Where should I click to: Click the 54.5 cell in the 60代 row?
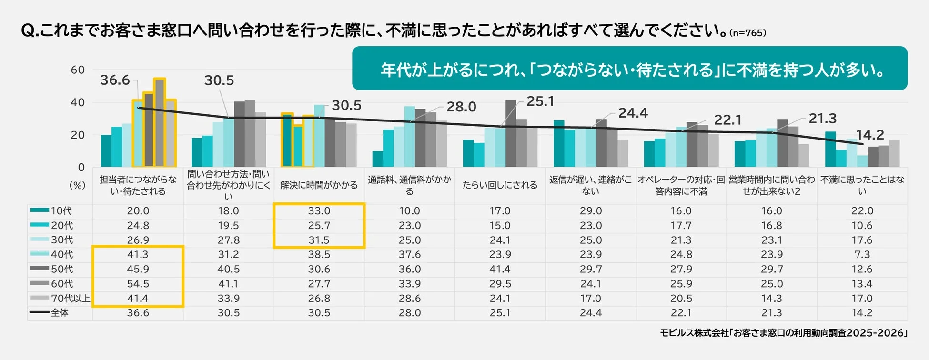(x=138, y=284)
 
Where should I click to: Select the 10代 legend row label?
(x=61, y=211)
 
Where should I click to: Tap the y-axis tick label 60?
(x=78, y=70)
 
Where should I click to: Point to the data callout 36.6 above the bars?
(x=115, y=80)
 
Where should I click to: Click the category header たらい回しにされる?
(x=500, y=185)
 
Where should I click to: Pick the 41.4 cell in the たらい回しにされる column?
(x=500, y=269)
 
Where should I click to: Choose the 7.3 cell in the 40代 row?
(x=862, y=254)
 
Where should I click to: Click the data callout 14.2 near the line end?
(x=870, y=135)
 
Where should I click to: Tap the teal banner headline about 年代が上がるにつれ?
(x=629, y=70)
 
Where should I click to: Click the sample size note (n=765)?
(x=747, y=33)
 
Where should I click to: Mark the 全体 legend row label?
(x=60, y=313)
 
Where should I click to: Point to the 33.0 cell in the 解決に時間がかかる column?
(x=319, y=211)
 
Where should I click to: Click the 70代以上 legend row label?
(x=70, y=299)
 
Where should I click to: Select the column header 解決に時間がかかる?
(x=319, y=185)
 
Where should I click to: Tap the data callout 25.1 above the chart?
(x=540, y=101)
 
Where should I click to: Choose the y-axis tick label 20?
(x=78, y=135)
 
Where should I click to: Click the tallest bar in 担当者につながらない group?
(x=160, y=123)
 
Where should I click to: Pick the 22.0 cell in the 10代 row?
(x=862, y=211)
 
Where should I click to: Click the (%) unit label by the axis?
(x=78, y=185)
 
